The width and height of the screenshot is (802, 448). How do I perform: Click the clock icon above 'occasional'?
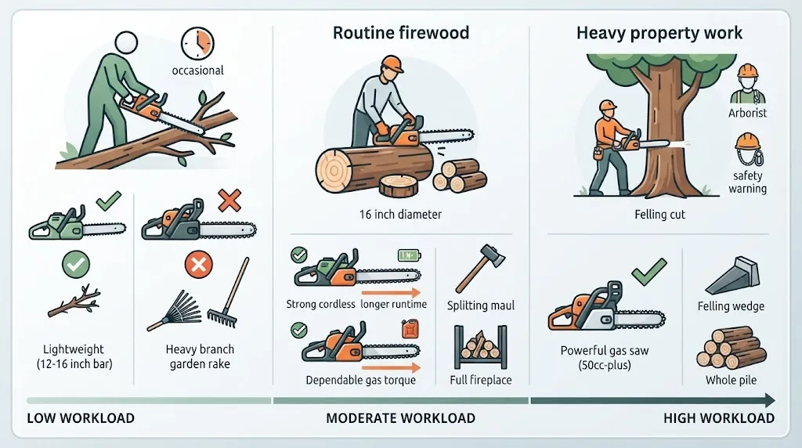pyautogui.click(x=197, y=44)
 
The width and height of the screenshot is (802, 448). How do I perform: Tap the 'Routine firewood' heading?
pyautogui.click(x=401, y=33)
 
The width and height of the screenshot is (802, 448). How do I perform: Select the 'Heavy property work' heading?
pyautogui.click(x=659, y=33)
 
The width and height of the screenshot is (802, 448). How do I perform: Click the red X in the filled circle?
pyautogui.click(x=198, y=265)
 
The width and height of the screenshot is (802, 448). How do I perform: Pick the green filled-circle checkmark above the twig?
pyautogui.click(x=76, y=265)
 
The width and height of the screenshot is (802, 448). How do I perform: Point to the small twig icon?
pyautogui.click(x=74, y=302)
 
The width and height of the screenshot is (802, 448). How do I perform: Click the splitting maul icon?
pyautogui.click(x=480, y=268)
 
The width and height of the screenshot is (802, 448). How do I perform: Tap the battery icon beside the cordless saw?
pyautogui.click(x=409, y=255)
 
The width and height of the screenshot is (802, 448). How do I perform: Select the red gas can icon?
pyautogui.click(x=410, y=330)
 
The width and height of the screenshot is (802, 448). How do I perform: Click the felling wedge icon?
pyautogui.click(x=732, y=276)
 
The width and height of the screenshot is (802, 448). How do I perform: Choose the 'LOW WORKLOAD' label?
pyautogui.click(x=81, y=418)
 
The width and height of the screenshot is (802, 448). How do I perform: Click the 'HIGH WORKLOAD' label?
pyautogui.click(x=719, y=418)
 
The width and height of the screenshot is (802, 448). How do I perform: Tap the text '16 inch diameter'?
pyautogui.click(x=400, y=215)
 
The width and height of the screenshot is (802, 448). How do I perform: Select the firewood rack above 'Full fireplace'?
pyautogui.click(x=480, y=347)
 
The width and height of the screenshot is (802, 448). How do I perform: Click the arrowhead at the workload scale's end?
pyautogui.click(x=769, y=400)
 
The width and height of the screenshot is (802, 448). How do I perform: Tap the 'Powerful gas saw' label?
pyautogui.click(x=604, y=351)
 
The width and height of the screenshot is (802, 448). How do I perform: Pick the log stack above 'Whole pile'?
pyautogui.click(x=731, y=348)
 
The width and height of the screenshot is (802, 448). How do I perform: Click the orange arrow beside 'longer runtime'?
pyautogui.click(x=391, y=293)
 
